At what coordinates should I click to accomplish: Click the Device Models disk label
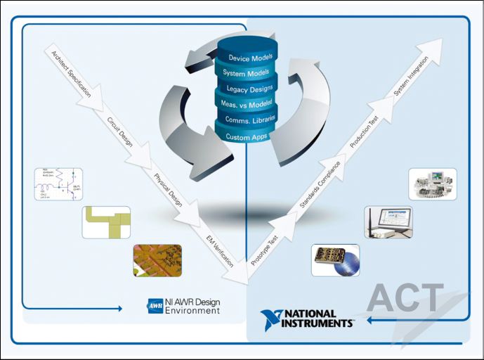(x=247, y=58)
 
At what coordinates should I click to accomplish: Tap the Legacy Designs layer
(x=247, y=89)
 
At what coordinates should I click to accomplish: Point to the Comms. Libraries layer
(x=247, y=120)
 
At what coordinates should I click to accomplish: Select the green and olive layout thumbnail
(x=106, y=221)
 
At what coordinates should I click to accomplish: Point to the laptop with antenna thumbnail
(x=388, y=221)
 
